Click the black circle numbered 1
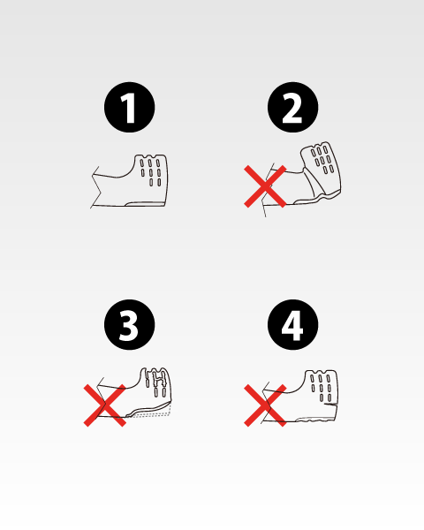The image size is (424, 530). click(x=130, y=107)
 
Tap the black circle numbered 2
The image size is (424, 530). click(x=292, y=107)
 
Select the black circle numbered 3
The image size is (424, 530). click(x=130, y=324)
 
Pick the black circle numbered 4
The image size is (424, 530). click(x=292, y=324)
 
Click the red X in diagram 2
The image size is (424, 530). click(x=265, y=186)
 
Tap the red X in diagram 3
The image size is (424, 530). click(x=105, y=405)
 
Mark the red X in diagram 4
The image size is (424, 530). click(x=265, y=405)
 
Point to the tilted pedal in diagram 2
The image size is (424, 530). click(x=322, y=168)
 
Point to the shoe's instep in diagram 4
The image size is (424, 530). click(x=284, y=390)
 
